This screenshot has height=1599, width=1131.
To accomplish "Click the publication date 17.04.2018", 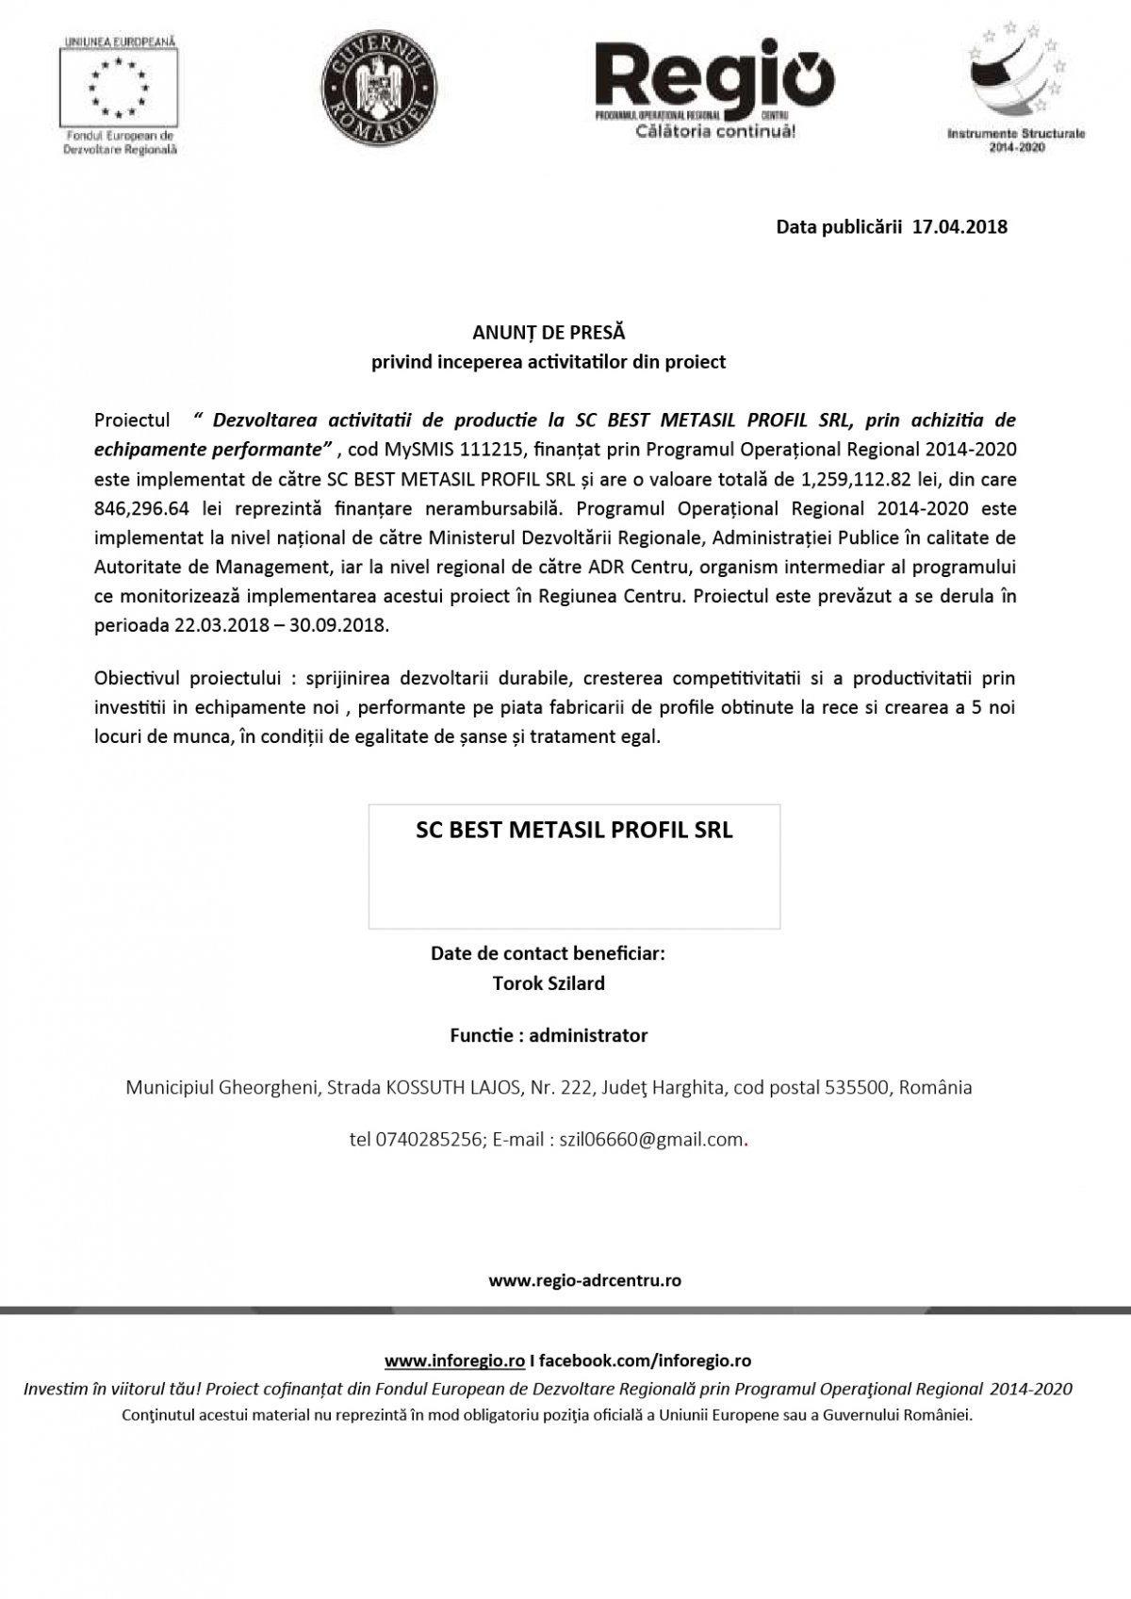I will [960, 227].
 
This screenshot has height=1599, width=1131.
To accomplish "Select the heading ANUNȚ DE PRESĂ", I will [548, 333].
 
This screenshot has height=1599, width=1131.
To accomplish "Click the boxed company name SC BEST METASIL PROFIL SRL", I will [574, 831].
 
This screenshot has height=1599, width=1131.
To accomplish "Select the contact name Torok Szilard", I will [549, 983].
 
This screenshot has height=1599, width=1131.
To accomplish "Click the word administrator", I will [588, 1035].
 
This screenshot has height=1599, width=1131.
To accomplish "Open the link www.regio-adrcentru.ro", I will [584, 1281].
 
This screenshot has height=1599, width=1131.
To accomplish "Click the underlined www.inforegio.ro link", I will [454, 1361].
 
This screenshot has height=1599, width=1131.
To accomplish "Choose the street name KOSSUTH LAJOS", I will [453, 1087].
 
